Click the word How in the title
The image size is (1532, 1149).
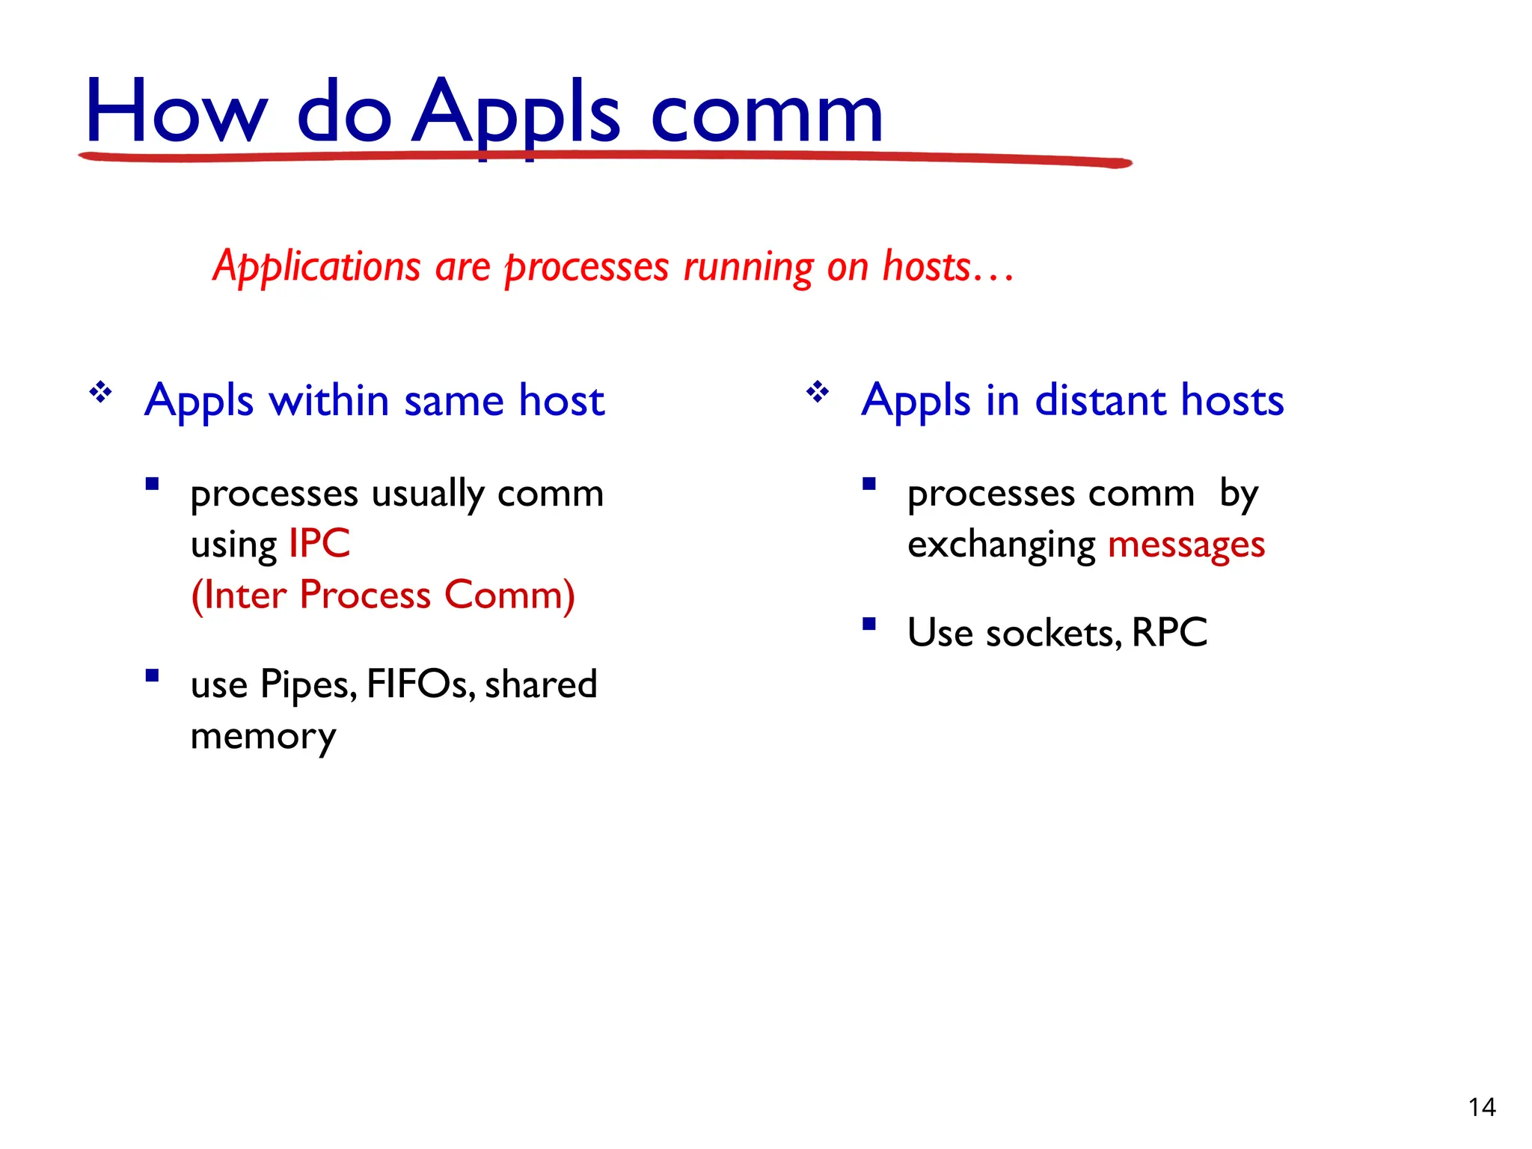click(x=176, y=112)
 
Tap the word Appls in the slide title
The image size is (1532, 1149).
click(x=516, y=112)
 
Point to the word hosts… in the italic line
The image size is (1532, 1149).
click(x=947, y=267)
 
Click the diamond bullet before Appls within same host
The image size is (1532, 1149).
click(x=101, y=392)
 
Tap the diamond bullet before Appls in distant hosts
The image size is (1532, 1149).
click(x=818, y=392)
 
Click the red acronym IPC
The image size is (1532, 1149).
click(x=319, y=544)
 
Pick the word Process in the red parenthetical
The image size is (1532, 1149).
click(x=365, y=595)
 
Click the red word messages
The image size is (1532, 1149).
click(x=1186, y=545)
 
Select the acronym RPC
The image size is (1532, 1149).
click(x=1169, y=633)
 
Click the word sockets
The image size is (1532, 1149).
click(x=1052, y=634)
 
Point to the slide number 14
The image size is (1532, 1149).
click(x=1481, y=1107)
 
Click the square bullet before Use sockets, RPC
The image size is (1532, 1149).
click(x=868, y=623)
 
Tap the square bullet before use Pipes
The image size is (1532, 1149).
click(x=152, y=675)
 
